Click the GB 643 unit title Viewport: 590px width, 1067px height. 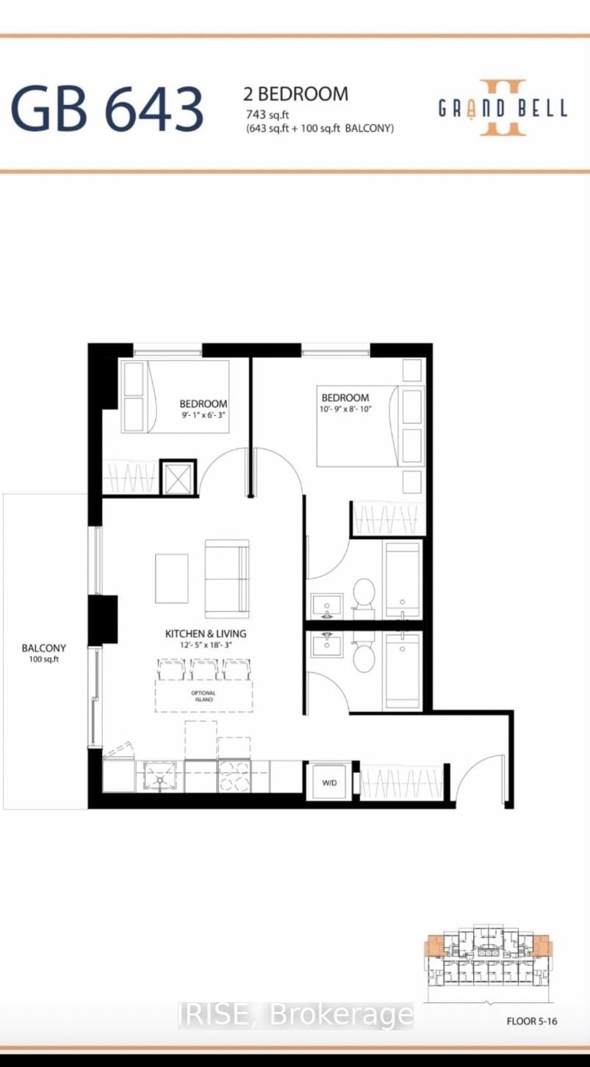(x=107, y=108)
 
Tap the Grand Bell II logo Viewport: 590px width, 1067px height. (x=503, y=108)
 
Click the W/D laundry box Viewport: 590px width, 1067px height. (x=328, y=783)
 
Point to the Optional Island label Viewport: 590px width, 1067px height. (x=204, y=696)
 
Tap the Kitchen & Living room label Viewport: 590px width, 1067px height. (x=205, y=633)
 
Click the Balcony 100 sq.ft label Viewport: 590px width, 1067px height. (x=43, y=653)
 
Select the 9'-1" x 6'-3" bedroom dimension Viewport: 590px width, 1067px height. (x=204, y=415)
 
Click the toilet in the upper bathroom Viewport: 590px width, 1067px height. (x=364, y=593)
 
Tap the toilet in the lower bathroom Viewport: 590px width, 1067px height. (x=364, y=656)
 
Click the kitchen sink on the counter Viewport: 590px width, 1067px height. (x=160, y=776)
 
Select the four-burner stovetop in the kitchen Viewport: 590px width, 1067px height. (x=234, y=776)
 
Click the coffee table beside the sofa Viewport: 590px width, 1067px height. (x=171, y=578)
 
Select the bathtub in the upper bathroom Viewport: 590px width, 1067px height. (x=403, y=579)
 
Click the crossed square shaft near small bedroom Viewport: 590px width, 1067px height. (x=179, y=478)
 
